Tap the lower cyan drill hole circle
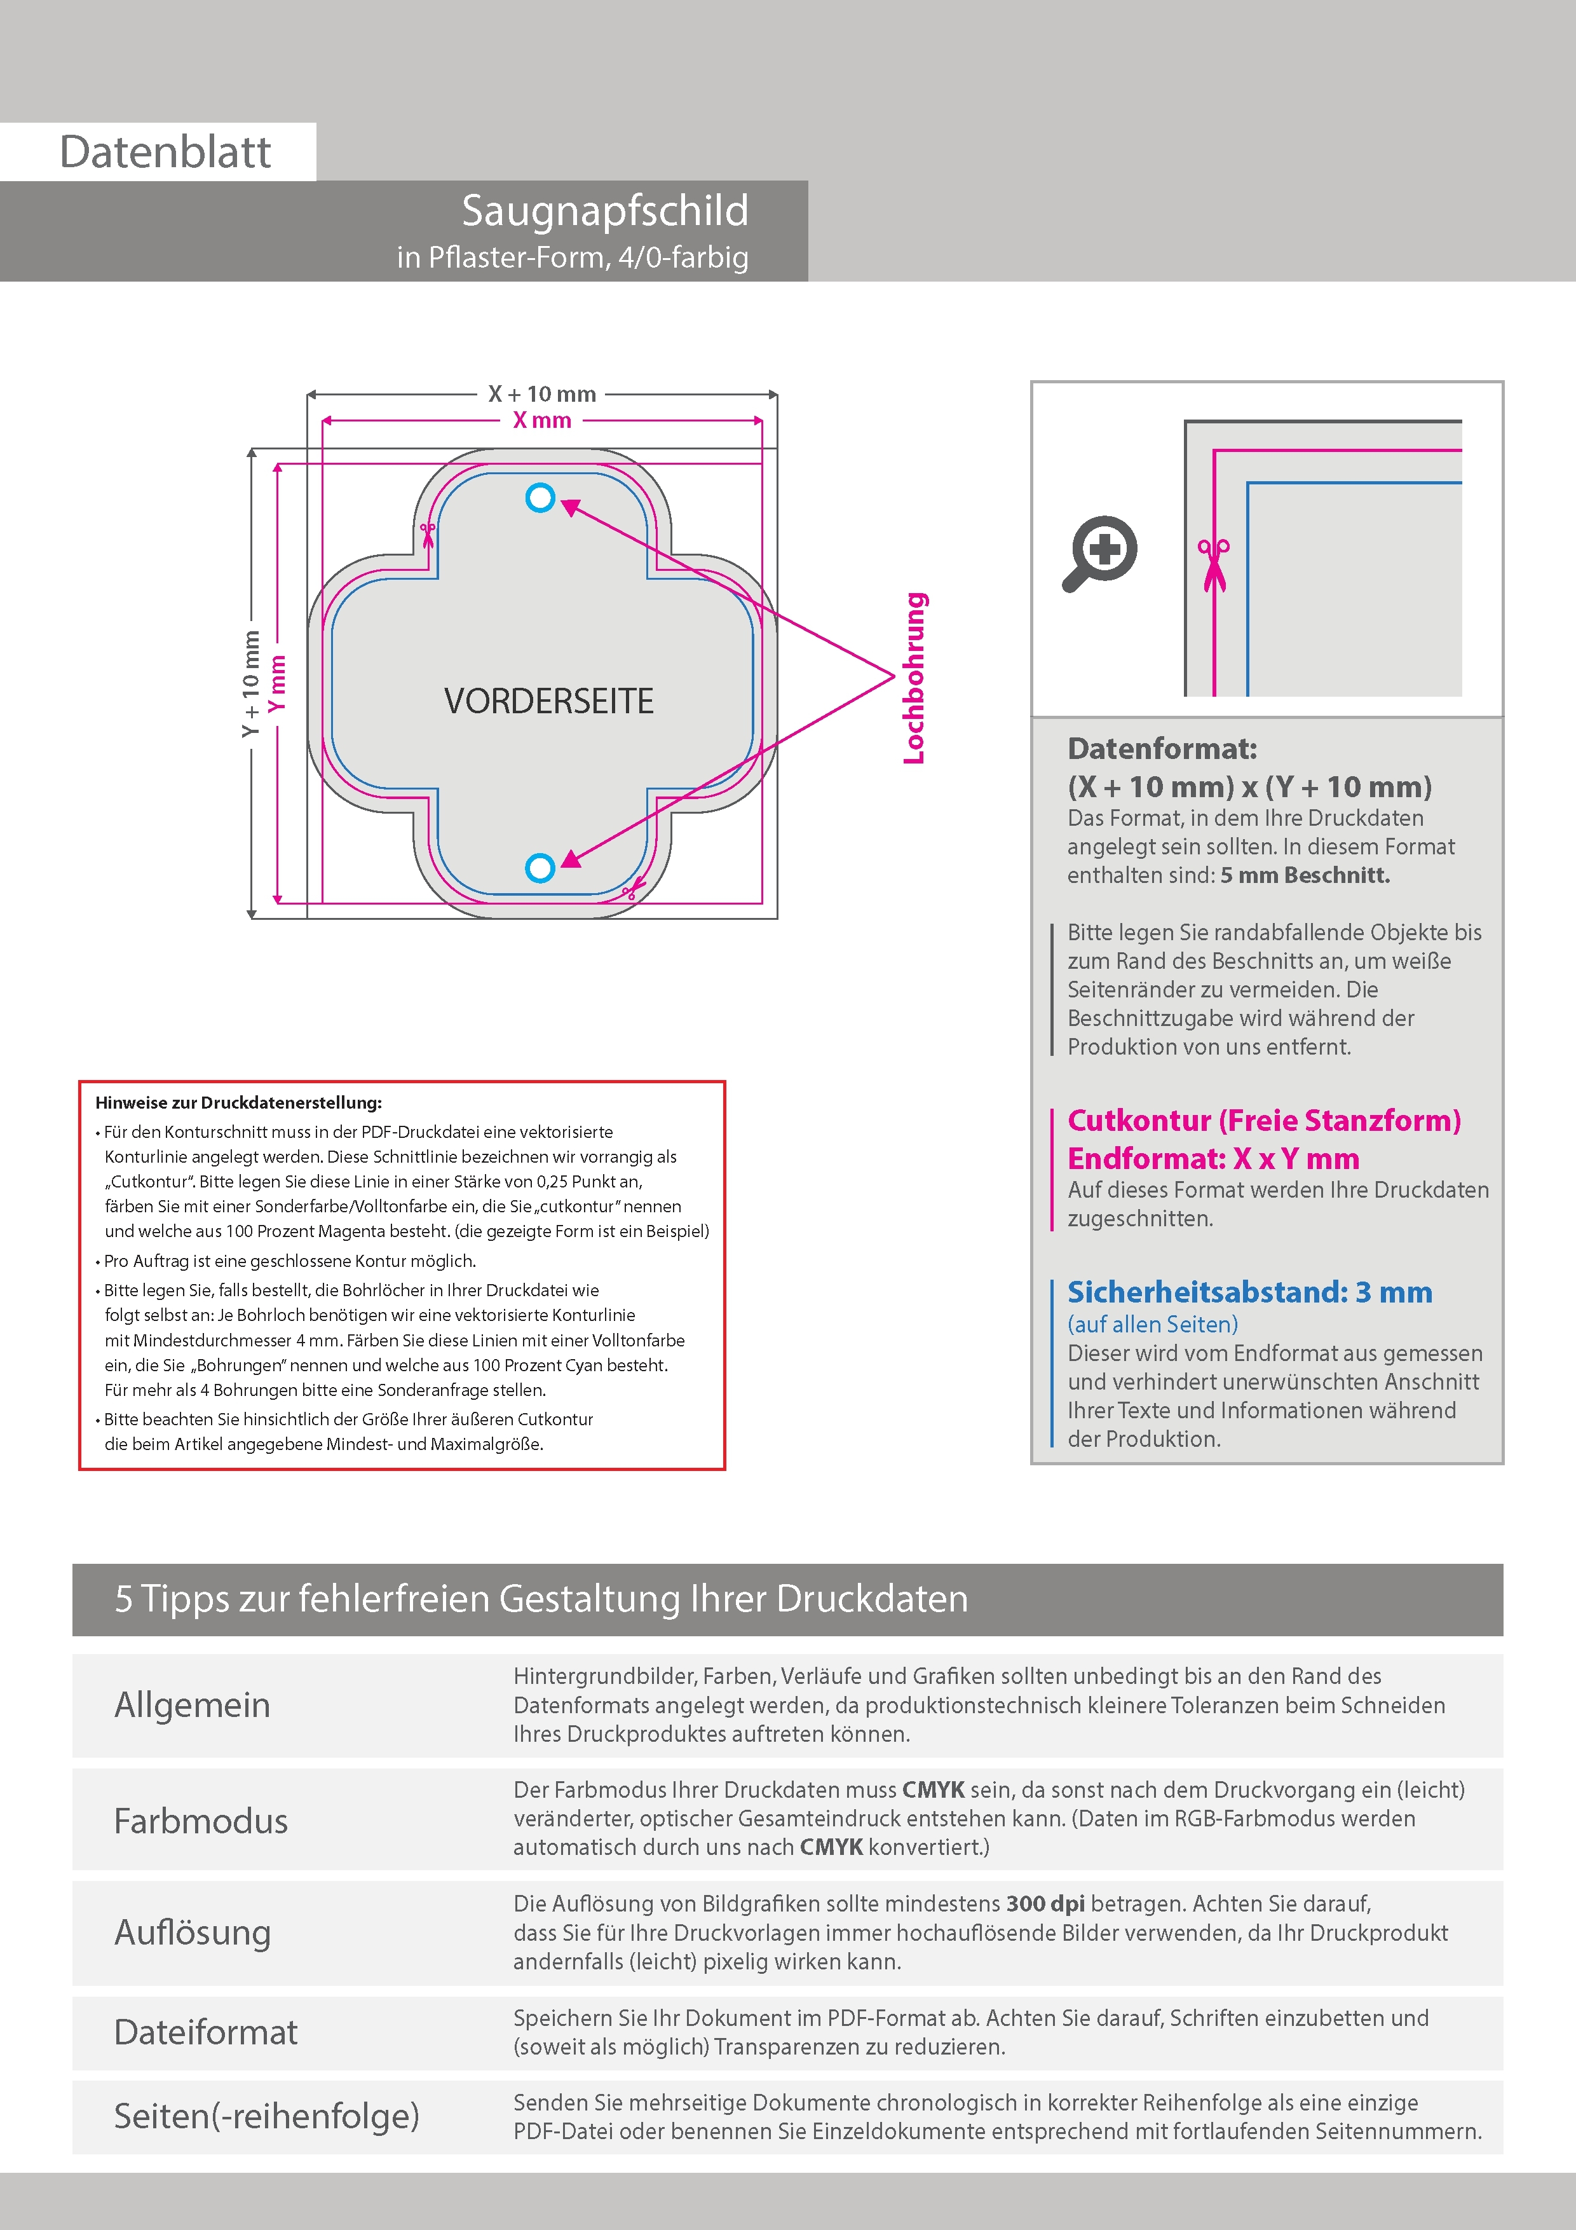540,867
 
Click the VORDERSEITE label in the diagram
548,701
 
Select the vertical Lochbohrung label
914,678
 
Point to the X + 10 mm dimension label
542,394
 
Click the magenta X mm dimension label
542,421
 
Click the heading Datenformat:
1162,749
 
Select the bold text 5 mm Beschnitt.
1304,875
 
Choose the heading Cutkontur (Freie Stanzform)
1263,1121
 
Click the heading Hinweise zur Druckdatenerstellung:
238,1102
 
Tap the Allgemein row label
193,1704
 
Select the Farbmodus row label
201,1820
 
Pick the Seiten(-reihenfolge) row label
266,2116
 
